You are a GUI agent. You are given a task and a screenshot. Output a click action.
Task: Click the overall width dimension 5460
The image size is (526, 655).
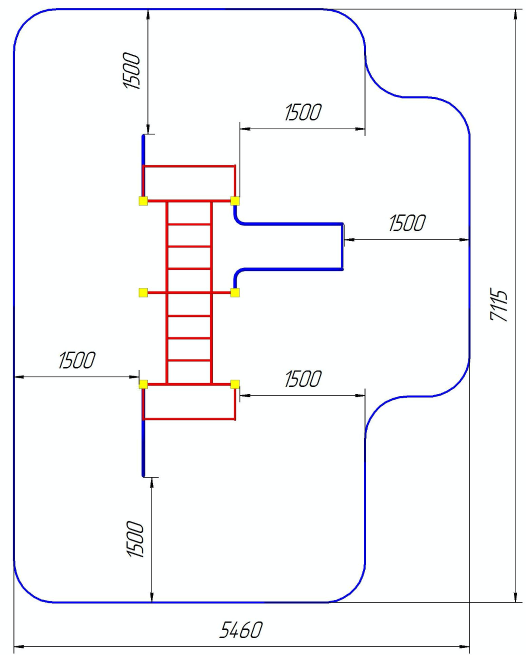(240, 630)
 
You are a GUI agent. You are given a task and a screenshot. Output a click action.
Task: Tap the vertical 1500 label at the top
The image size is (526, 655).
(132, 70)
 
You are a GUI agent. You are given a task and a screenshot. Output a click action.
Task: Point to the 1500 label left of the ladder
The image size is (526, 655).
(76, 360)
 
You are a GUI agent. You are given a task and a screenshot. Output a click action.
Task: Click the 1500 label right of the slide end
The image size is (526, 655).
(407, 223)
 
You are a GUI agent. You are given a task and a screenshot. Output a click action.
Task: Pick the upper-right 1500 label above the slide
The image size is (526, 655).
(303, 112)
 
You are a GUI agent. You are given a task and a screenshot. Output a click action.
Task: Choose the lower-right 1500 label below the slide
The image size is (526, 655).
(303, 379)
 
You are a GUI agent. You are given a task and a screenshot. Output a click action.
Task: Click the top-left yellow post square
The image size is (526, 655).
(143, 201)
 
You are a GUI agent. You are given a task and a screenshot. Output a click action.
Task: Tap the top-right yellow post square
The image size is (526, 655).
(235, 201)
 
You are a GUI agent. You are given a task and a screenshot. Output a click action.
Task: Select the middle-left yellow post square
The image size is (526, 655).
(143, 292)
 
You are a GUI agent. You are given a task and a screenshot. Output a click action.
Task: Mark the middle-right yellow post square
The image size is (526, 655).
(235, 292)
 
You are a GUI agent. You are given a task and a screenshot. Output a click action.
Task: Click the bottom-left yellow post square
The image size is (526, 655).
(143, 384)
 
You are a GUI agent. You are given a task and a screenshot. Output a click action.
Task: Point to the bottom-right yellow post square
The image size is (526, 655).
(235, 384)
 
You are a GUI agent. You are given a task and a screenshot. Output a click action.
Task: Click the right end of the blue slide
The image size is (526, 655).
(342, 246)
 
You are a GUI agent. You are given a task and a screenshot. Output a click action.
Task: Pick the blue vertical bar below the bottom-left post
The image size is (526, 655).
(143, 447)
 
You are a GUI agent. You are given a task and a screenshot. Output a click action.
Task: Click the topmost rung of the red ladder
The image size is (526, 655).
(189, 224)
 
